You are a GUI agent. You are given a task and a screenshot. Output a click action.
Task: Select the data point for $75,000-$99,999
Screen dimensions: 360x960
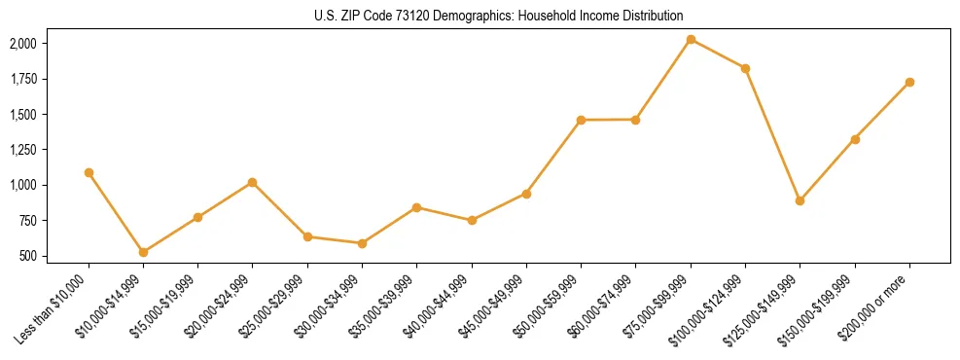(x=691, y=40)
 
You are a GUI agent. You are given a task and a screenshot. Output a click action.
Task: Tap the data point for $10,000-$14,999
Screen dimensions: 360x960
(x=143, y=252)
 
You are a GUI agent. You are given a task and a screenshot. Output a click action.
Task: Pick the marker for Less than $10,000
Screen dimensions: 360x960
(x=89, y=172)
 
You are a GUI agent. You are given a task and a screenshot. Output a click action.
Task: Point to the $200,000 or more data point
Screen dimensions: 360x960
(x=909, y=82)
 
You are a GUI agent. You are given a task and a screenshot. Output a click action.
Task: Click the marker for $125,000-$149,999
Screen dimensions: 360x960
(x=800, y=200)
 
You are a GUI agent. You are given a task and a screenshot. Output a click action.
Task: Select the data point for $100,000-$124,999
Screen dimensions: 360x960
(x=745, y=68)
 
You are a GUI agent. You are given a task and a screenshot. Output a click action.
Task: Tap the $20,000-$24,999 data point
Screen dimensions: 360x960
(x=253, y=182)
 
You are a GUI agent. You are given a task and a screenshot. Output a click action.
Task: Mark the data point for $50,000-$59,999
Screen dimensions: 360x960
(x=581, y=120)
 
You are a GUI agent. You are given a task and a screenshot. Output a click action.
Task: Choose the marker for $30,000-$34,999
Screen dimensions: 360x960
(x=362, y=243)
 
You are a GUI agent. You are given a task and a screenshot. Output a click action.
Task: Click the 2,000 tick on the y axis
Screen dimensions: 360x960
(x=23, y=44)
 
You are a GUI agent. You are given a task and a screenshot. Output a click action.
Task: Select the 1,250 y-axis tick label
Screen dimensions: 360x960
(x=23, y=150)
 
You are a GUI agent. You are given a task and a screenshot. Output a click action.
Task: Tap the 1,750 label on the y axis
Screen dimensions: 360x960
(x=23, y=79)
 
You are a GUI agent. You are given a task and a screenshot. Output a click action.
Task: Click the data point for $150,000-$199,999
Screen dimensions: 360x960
(x=855, y=139)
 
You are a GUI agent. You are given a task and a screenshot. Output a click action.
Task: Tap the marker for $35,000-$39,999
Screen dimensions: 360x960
(x=416, y=207)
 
